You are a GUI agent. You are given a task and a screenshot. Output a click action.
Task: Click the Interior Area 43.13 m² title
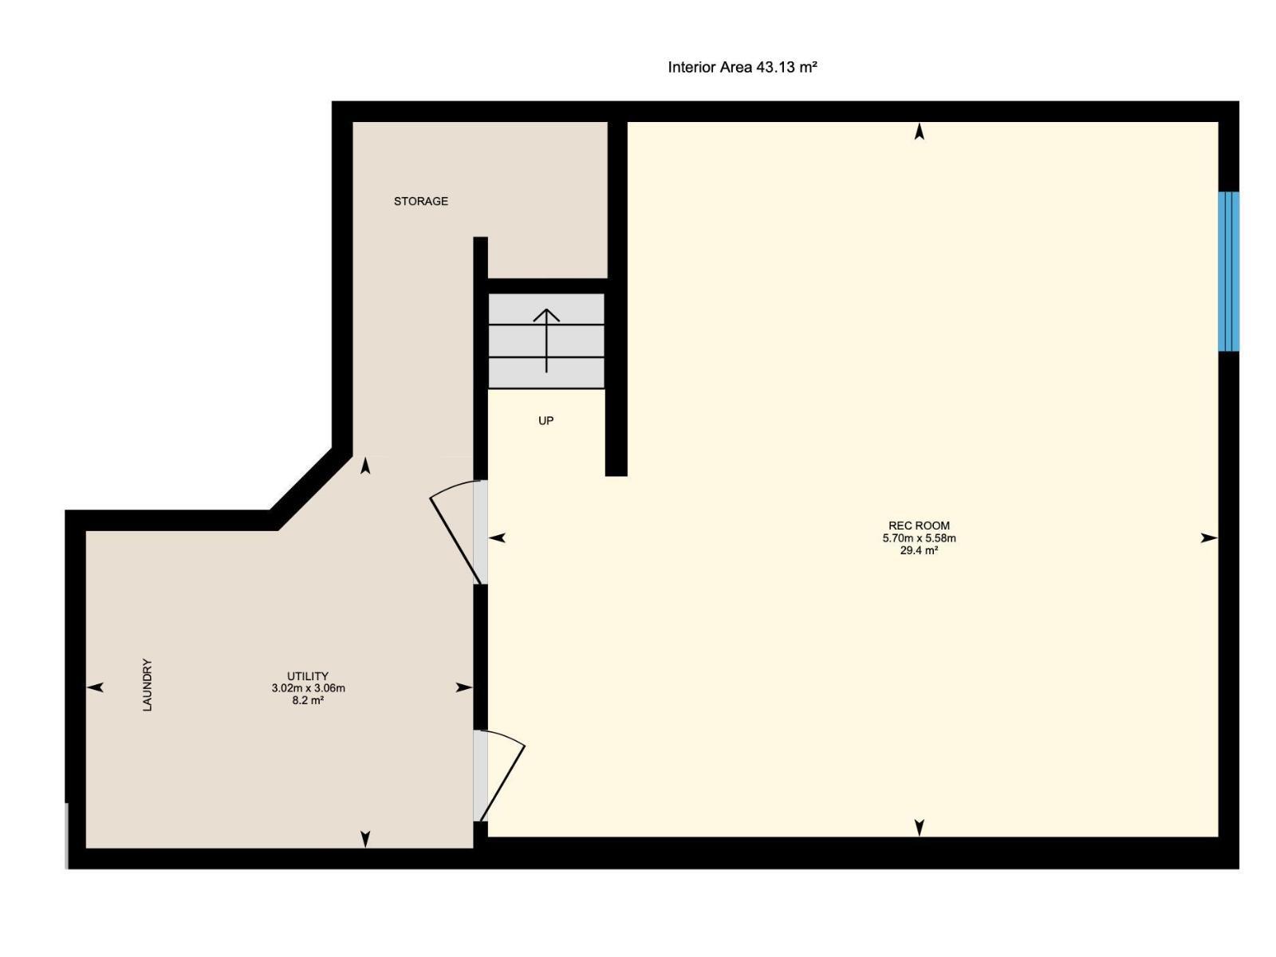[742, 68]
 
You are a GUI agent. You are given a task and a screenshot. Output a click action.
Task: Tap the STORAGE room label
[420, 202]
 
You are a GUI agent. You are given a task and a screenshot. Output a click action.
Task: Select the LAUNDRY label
[147, 684]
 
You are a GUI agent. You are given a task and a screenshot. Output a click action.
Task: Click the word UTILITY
[308, 676]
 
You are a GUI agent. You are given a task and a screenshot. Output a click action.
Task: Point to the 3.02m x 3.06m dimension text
[308, 688]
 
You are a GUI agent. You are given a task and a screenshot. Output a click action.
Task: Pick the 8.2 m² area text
[308, 701]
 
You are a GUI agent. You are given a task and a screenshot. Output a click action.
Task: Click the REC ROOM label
[919, 526]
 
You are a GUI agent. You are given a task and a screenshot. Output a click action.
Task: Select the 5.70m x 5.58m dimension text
[919, 538]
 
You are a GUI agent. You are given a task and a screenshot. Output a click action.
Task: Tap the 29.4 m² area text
[919, 550]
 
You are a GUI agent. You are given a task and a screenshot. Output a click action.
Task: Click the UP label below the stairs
[545, 421]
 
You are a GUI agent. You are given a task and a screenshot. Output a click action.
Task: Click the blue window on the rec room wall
[1228, 271]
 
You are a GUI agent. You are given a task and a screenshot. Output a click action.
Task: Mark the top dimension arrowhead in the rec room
[919, 132]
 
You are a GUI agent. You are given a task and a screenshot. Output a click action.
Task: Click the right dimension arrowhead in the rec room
[1209, 538]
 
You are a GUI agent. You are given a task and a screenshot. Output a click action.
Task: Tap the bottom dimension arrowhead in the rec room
[919, 827]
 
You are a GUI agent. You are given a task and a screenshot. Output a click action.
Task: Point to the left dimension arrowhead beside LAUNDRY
[95, 687]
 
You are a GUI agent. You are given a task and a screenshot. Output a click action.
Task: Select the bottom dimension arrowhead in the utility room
[365, 838]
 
